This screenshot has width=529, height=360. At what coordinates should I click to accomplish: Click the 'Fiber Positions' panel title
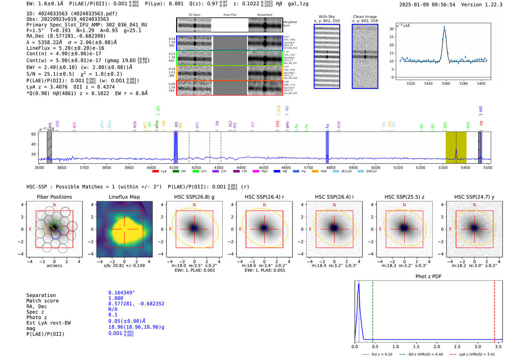(54, 197)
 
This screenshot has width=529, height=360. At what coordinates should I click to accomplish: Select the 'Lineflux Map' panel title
(124, 197)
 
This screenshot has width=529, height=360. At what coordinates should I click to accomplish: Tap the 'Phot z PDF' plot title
(428, 277)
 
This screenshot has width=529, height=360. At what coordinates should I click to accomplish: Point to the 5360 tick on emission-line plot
(446, 83)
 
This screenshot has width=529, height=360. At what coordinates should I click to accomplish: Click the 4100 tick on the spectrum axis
(174, 168)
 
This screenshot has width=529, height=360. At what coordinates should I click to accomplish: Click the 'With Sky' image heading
(326, 17)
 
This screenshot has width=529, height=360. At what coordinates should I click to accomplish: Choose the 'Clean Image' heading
(365, 17)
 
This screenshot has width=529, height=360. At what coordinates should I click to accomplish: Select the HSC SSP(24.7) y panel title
(474, 197)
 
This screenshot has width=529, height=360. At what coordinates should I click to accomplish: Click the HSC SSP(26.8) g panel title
(194, 197)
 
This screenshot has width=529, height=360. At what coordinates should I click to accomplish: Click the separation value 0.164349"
(121, 293)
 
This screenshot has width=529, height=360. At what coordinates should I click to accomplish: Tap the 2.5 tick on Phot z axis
(457, 346)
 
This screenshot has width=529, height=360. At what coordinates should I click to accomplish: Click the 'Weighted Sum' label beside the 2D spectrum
(289, 24)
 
